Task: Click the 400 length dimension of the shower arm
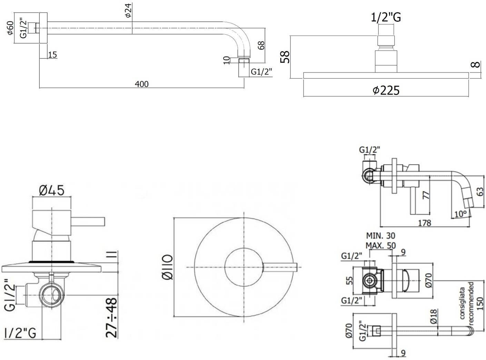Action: (x=141, y=84)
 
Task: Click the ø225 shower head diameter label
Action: (x=386, y=90)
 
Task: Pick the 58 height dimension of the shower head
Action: (x=285, y=57)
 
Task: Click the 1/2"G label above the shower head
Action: (x=386, y=18)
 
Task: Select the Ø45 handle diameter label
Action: (x=52, y=190)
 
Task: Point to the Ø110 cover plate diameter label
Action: (x=168, y=267)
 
